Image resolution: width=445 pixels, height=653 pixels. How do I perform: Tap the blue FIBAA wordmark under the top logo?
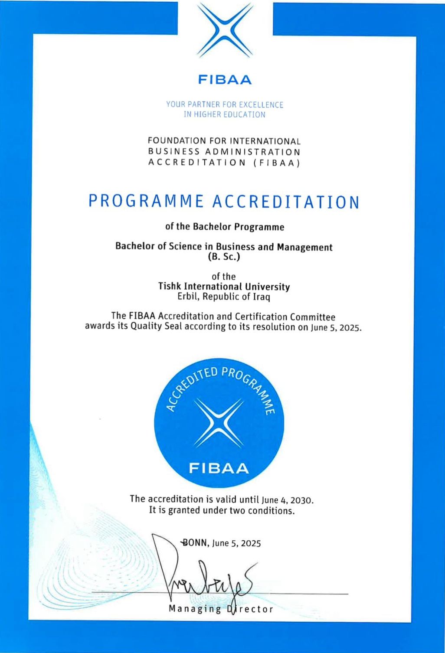(225, 80)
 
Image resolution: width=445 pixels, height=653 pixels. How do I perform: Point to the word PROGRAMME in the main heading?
(146, 202)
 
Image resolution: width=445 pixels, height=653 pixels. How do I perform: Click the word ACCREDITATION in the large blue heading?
(286, 202)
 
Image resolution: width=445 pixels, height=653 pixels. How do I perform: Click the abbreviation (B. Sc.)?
(224, 257)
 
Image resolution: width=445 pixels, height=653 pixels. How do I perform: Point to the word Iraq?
(262, 297)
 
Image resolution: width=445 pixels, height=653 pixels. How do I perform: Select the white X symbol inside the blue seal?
(219, 422)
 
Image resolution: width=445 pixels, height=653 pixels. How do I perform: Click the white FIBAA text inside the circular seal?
(219, 468)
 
